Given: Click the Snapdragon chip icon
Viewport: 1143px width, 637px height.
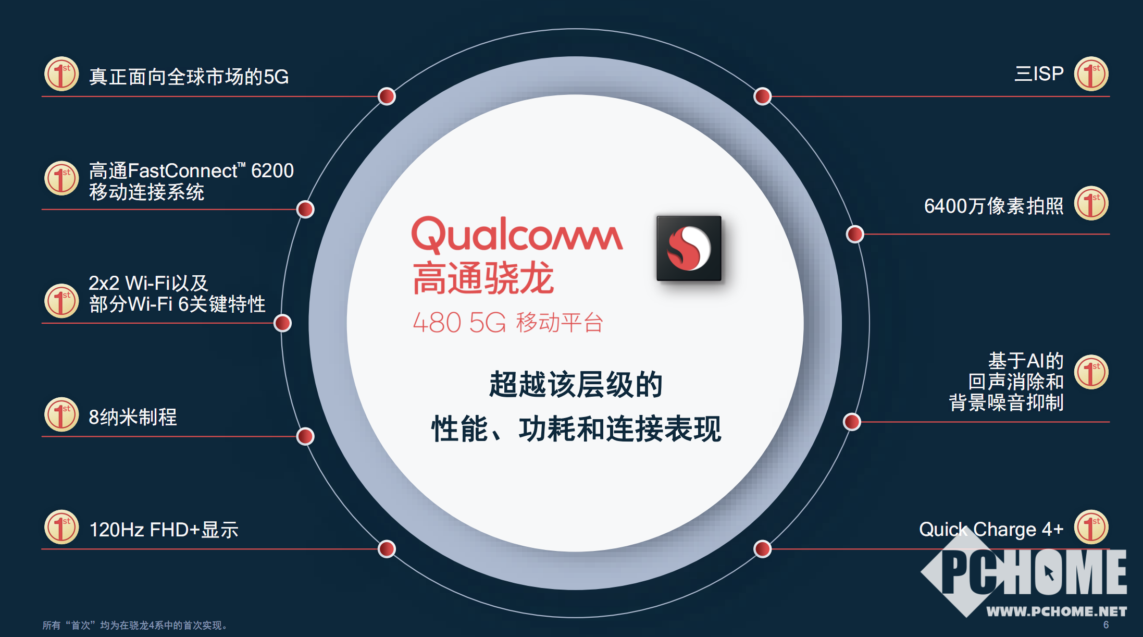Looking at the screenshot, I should [689, 248].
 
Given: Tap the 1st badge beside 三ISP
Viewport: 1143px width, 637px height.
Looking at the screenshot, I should [1091, 73].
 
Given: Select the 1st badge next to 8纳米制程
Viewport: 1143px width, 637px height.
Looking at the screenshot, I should [61, 415].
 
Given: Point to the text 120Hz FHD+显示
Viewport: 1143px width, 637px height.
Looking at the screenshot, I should [164, 530].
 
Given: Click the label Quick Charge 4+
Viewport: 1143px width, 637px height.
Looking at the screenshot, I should [991, 529].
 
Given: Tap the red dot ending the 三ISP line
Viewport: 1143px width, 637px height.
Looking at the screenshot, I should [763, 96].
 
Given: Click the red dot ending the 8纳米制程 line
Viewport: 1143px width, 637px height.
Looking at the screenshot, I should [305, 436].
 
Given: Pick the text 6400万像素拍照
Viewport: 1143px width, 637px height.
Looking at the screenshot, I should [993, 206].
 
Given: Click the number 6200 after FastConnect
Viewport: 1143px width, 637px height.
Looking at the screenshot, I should [272, 170].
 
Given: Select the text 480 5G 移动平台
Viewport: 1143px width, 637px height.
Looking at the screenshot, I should [508, 322].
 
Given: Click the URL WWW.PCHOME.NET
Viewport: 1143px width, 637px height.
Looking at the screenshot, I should [1057, 611].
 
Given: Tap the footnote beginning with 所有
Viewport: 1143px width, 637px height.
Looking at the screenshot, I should [135, 625].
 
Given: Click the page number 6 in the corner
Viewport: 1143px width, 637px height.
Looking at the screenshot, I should [1105, 624].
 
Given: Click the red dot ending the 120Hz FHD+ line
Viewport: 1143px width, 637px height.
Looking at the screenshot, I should [387, 549].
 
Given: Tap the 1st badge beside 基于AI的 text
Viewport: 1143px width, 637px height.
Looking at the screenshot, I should [1091, 372].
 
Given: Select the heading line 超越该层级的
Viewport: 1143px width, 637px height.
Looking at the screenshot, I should [575, 385].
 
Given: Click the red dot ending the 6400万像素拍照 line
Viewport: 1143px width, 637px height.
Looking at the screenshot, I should [855, 234].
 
